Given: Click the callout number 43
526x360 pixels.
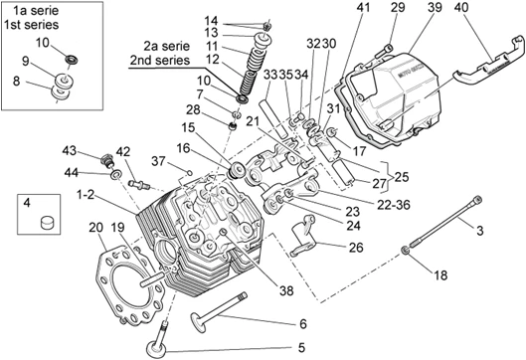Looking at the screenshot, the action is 69,150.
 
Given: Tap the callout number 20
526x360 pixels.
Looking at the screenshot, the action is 95,228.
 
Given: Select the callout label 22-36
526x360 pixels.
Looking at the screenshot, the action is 394,205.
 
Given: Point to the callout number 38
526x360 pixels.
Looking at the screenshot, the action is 286,291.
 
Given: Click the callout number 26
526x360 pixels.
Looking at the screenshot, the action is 356,248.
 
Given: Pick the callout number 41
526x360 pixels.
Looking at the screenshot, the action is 363,7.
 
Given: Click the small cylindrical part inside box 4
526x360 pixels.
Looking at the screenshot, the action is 48,223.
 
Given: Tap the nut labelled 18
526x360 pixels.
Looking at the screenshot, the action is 405,251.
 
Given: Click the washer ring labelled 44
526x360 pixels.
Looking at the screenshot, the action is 116,174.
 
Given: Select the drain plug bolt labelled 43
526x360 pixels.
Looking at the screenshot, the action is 107,160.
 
